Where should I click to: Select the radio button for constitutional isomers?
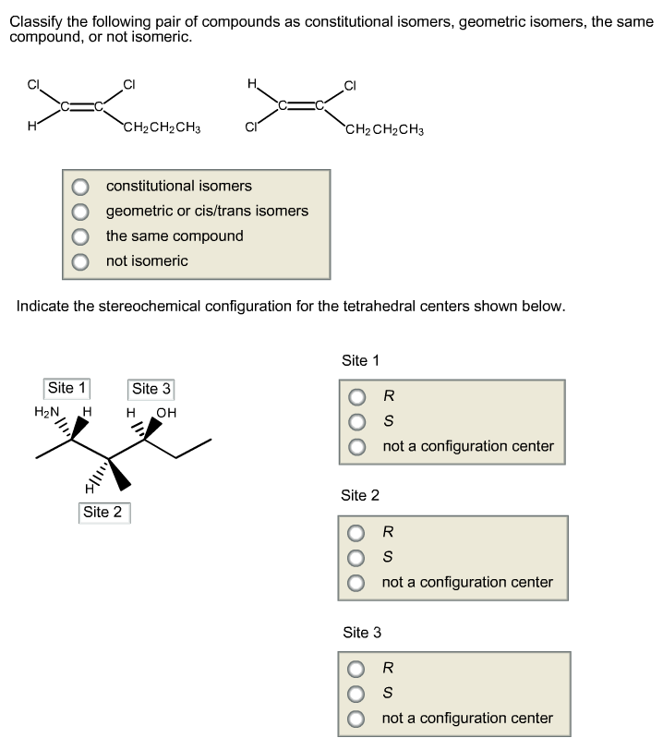pyautogui.click(x=82, y=187)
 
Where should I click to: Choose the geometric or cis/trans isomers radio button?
pyautogui.click(x=82, y=212)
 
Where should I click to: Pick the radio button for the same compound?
pyautogui.click(x=82, y=236)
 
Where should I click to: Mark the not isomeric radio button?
pyautogui.click(x=82, y=261)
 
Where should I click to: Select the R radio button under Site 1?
pyautogui.click(x=357, y=397)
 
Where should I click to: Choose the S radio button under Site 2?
pyautogui.click(x=357, y=558)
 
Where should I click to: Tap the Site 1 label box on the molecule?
pyautogui.click(x=67, y=388)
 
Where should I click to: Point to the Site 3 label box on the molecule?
pyautogui.click(x=152, y=389)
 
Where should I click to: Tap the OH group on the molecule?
pyautogui.click(x=166, y=412)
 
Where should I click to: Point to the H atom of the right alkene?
pyautogui.click(x=251, y=84)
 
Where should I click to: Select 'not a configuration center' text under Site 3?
pyautogui.click(x=467, y=718)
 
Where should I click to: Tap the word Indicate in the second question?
pyautogui.click(x=44, y=306)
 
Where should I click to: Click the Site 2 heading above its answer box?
pyautogui.click(x=360, y=496)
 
